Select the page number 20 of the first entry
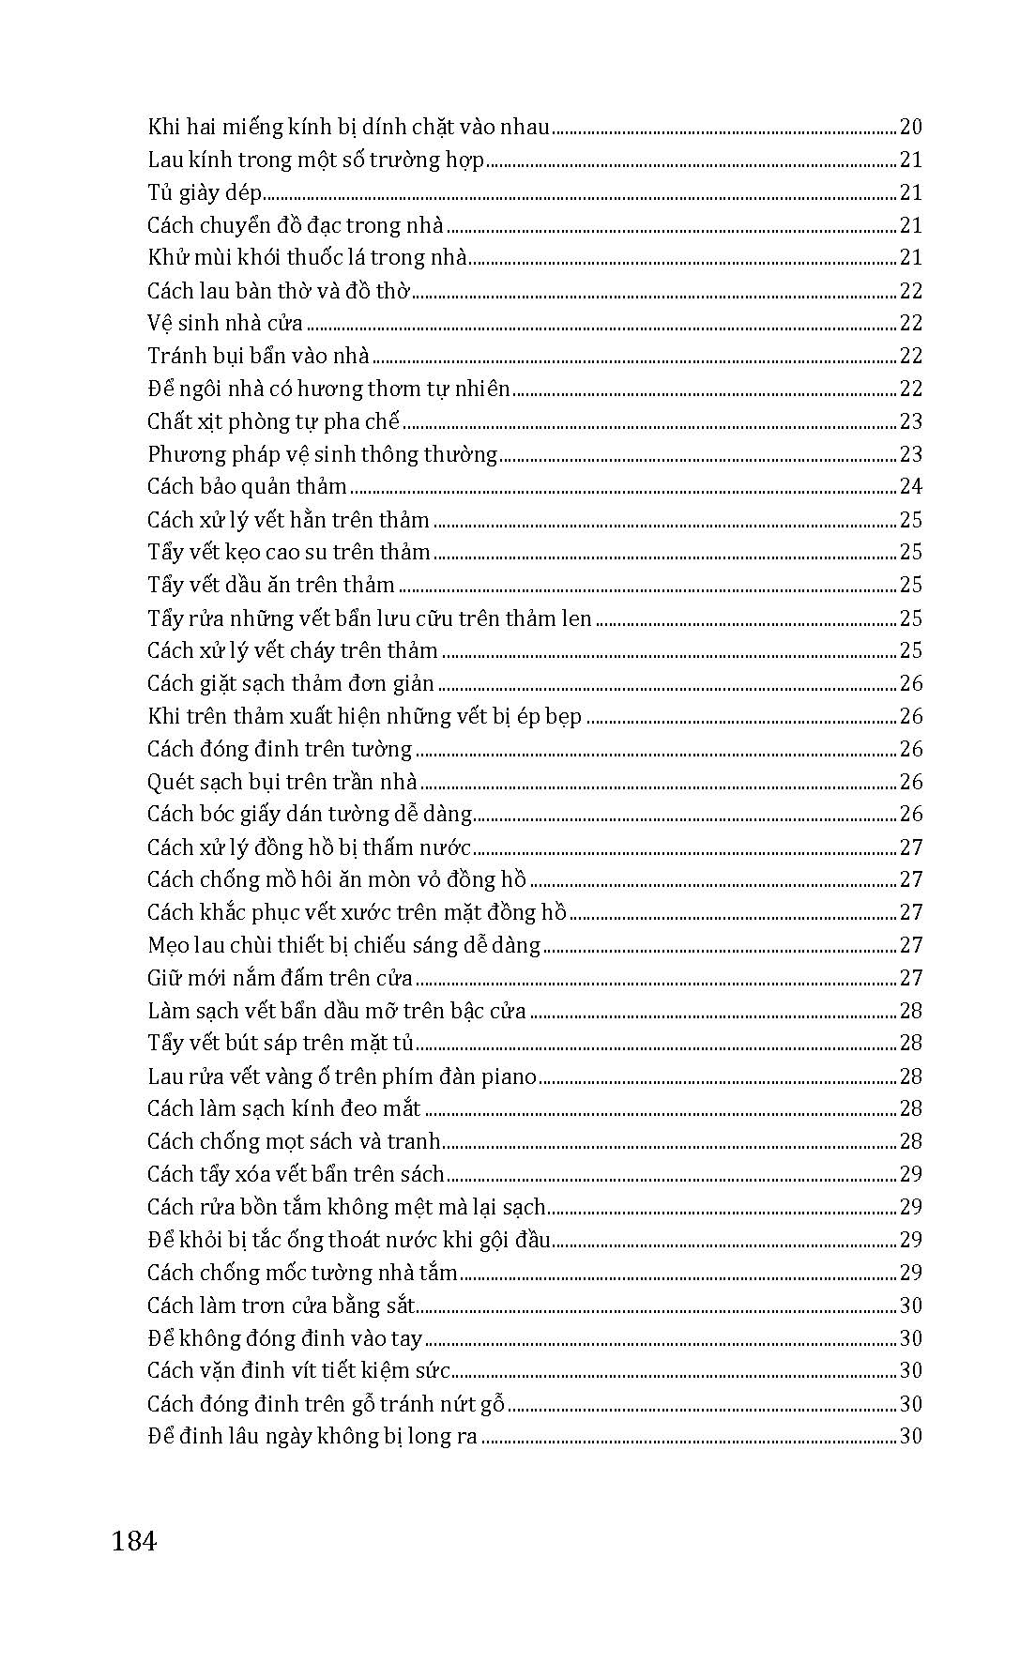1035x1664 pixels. [x=910, y=127]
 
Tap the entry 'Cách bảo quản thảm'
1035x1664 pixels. [x=247, y=486]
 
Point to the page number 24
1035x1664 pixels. [x=910, y=486]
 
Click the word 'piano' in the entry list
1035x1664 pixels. [x=509, y=1076]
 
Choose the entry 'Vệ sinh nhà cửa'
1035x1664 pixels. [x=225, y=323]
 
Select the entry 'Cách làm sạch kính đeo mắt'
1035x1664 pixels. [x=283, y=1108]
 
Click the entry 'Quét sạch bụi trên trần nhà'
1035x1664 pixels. [x=282, y=782]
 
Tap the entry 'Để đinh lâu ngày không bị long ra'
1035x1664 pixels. [x=312, y=1436]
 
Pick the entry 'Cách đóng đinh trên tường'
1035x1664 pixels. [x=280, y=749]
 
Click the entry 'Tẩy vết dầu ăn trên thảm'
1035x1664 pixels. [x=270, y=585]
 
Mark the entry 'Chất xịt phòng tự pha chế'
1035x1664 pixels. [x=273, y=421]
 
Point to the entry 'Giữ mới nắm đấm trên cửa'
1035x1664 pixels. [x=280, y=978]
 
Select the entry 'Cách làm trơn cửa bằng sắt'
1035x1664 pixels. [x=281, y=1305]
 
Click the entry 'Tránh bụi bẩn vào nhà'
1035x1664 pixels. [x=258, y=356]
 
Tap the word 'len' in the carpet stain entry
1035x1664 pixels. [x=577, y=618]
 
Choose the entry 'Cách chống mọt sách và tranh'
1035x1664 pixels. [x=294, y=1141]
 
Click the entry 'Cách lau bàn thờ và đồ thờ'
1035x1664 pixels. [x=279, y=290]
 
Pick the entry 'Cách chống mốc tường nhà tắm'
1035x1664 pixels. [x=302, y=1273]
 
